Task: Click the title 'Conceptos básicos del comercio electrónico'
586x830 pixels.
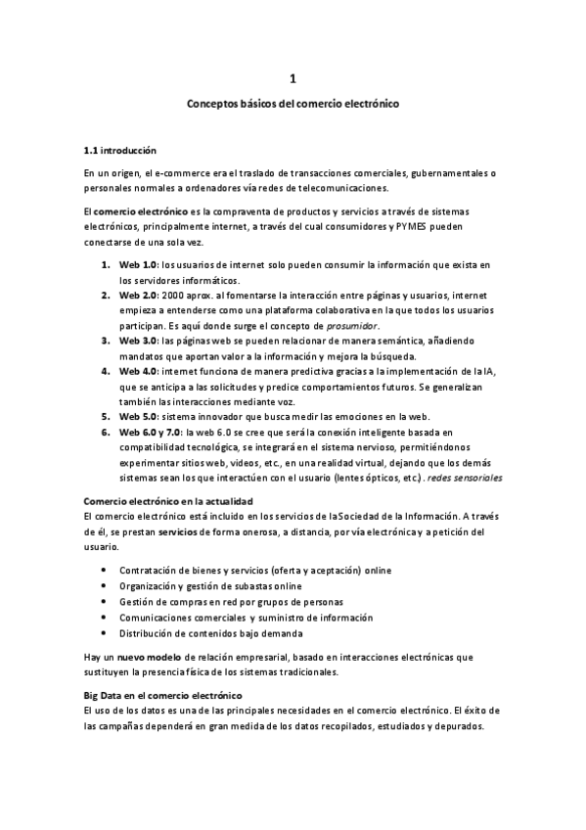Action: pos(293,102)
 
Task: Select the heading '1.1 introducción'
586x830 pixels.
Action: pos(120,151)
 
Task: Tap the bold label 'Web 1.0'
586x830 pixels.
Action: pos(138,265)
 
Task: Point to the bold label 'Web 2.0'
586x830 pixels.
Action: pos(138,295)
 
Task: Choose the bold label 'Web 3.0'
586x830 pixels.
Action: pos(138,340)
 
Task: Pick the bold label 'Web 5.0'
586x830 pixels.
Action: pos(138,416)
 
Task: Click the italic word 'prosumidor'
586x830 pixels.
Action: pos(351,325)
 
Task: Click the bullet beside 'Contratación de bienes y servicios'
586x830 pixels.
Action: pos(105,570)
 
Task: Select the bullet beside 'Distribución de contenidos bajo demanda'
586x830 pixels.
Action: pos(105,632)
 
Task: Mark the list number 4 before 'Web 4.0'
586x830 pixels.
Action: pos(105,371)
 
